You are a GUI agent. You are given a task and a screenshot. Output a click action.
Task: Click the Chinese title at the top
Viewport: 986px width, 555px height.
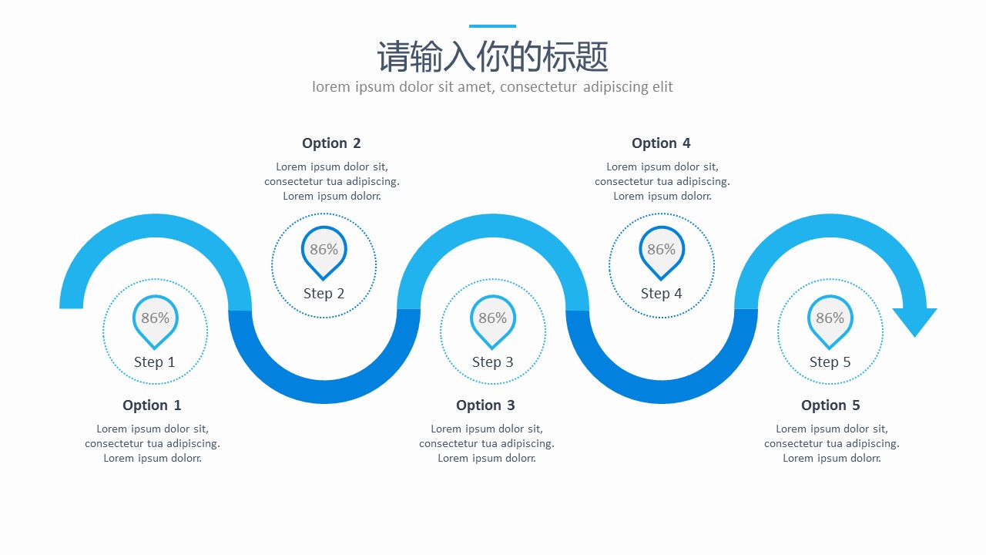point(492,57)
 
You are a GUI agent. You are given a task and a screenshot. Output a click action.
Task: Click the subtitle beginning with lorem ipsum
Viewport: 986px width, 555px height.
point(492,87)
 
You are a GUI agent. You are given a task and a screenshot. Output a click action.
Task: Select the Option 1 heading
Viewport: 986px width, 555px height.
point(152,405)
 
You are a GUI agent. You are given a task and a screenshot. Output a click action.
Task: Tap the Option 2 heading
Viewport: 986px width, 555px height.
point(331,143)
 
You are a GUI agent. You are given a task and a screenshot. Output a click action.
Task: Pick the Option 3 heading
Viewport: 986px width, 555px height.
point(485,405)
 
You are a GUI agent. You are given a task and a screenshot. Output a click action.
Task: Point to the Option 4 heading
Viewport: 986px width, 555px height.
point(661,143)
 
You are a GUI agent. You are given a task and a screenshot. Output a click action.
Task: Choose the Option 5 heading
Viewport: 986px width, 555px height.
point(830,405)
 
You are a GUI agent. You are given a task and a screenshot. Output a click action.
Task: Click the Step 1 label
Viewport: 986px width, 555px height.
point(155,362)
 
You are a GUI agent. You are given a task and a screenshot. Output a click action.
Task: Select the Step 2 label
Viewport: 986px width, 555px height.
point(324,294)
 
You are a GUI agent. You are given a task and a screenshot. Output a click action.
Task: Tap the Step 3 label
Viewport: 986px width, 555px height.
point(492,362)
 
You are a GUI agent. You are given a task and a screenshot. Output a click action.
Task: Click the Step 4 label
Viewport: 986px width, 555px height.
point(661,294)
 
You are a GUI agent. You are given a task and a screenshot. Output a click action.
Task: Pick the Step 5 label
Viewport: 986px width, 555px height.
point(830,362)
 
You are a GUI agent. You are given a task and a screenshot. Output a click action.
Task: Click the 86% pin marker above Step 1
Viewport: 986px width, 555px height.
point(155,319)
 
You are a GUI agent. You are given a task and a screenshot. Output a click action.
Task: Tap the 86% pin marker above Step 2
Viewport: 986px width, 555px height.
point(324,251)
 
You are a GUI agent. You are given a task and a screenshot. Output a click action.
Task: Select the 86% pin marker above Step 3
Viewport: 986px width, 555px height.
point(492,319)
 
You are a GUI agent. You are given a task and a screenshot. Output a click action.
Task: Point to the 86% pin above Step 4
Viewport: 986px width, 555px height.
point(661,251)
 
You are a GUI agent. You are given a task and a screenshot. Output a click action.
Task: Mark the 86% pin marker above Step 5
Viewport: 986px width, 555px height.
point(830,319)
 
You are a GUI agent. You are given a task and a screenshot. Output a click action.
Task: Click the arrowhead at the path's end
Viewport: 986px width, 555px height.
point(914,319)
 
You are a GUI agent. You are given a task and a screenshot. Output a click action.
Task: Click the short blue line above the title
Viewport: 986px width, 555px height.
point(492,26)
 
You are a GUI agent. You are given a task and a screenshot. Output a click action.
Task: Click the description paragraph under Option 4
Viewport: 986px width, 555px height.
point(662,182)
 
